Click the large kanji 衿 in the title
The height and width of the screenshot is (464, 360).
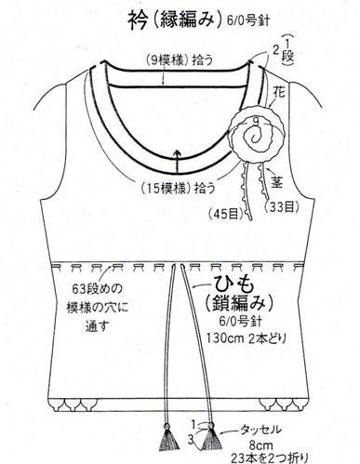click(x=138, y=20)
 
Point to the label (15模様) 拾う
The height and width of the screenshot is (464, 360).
click(x=178, y=188)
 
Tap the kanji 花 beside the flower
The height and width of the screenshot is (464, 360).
click(x=279, y=93)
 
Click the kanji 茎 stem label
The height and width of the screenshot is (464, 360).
click(x=277, y=182)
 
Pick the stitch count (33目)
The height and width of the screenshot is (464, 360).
click(x=282, y=206)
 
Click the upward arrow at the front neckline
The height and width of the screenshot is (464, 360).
click(x=177, y=161)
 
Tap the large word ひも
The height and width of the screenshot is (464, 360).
click(x=234, y=285)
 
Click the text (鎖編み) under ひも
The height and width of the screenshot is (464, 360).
click(x=239, y=302)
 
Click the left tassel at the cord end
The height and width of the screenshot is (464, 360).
click(x=169, y=438)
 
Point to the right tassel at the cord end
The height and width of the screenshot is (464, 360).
click(x=211, y=437)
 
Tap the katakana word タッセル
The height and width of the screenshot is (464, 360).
click(x=260, y=430)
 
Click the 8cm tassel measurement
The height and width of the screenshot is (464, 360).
click(x=260, y=445)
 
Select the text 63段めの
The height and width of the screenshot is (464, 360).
click(x=97, y=290)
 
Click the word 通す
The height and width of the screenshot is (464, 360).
click(x=97, y=327)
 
